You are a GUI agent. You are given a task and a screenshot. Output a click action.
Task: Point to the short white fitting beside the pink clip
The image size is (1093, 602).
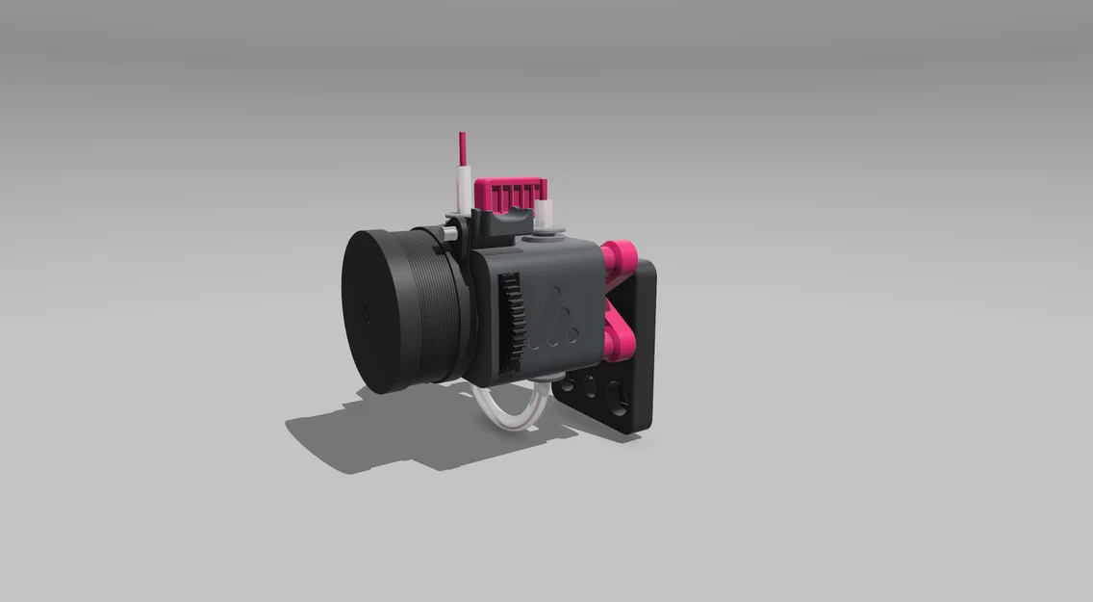pyautogui.click(x=548, y=211)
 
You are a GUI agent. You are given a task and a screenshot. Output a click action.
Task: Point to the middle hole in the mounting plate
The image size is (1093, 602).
pyautogui.click(x=588, y=389)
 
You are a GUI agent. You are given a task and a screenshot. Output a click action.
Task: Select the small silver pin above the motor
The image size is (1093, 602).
pyautogui.click(x=449, y=232)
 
